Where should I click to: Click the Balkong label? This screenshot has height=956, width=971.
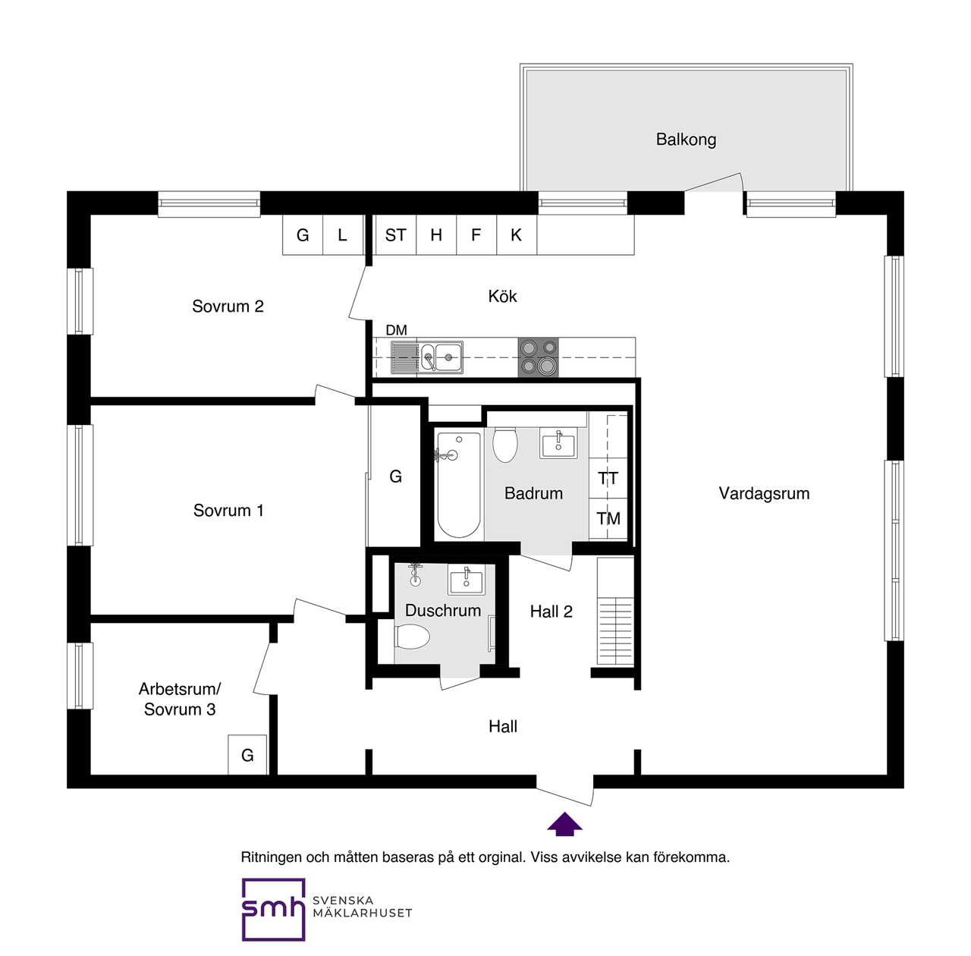[686, 140]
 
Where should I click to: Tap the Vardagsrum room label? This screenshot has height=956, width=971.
[764, 494]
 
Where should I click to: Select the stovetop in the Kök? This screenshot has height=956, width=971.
[539, 357]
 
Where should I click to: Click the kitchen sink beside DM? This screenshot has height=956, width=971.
[441, 357]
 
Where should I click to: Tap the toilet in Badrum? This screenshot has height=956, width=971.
[505, 445]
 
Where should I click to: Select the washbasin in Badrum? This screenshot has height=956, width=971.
[558, 443]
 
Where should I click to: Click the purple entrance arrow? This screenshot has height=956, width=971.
[564, 824]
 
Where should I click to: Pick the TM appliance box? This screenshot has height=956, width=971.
[608, 519]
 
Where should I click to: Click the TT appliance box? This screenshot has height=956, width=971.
[608, 479]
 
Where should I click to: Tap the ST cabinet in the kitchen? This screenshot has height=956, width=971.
[395, 235]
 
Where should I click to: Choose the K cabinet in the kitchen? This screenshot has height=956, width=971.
[516, 235]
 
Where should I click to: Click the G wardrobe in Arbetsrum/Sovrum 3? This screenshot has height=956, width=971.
[247, 755]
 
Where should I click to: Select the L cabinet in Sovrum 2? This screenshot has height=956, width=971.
[343, 235]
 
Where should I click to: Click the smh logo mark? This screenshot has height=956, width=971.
[273, 909]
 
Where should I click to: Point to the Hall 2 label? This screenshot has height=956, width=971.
[551, 612]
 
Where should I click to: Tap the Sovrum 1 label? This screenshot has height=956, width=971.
[228, 511]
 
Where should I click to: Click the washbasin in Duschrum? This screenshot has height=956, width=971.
[466, 580]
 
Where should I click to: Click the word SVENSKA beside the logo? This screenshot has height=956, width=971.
[343, 901]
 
